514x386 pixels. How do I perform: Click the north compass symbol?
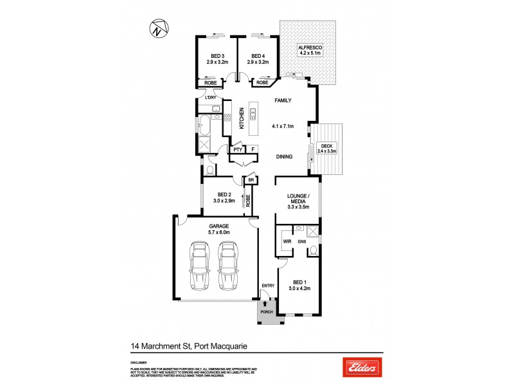point(157,29)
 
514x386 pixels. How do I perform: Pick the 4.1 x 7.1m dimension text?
point(283,126)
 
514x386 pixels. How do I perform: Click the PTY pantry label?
point(237,150)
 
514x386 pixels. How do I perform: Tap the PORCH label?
point(267,312)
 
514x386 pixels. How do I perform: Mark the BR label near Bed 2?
point(251,181)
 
